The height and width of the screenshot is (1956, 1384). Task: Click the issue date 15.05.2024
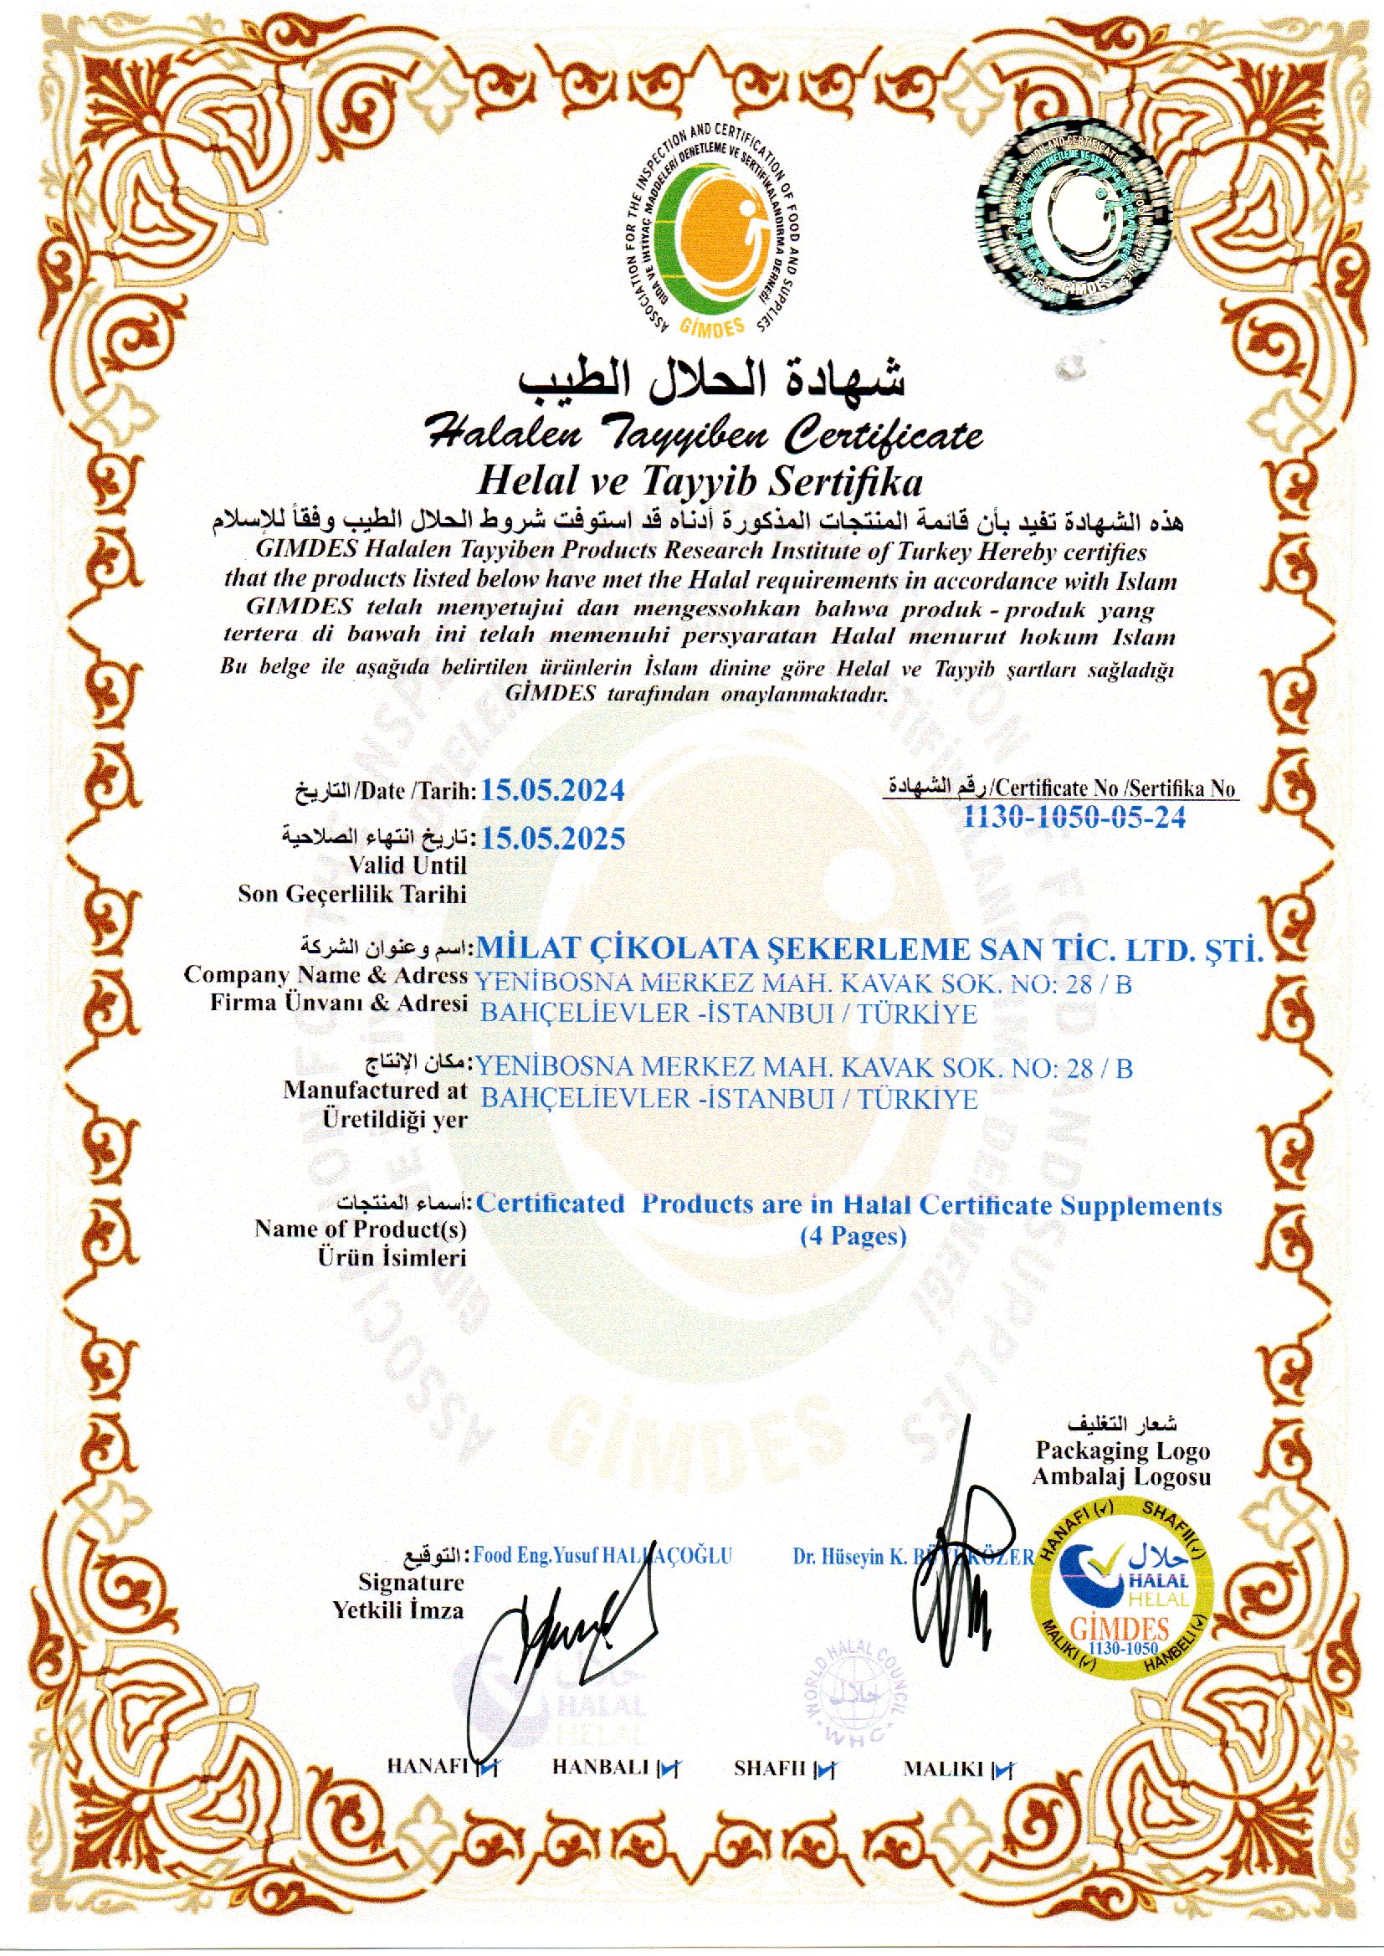click(x=552, y=790)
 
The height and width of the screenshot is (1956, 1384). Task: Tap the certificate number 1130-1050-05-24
click(x=1074, y=818)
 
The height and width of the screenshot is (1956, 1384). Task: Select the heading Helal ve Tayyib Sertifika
click(x=699, y=483)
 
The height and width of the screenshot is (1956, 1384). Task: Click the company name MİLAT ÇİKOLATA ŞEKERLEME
click(x=869, y=948)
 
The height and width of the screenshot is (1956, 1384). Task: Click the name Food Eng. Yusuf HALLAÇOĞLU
click(x=602, y=1555)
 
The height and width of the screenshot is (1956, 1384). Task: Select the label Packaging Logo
click(x=1122, y=1450)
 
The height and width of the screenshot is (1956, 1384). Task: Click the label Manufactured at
click(x=375, y=1089)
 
